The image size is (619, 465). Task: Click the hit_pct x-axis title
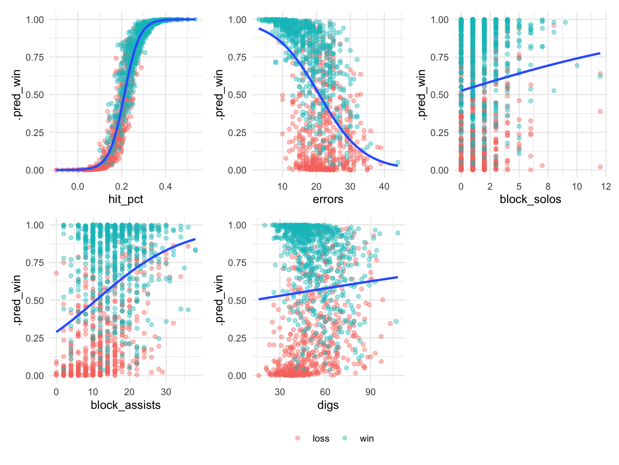coord(125,199)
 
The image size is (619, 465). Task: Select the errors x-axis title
coord(328,199)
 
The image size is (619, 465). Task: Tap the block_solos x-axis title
coord(530,199)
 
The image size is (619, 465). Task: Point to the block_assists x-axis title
coord(125,405)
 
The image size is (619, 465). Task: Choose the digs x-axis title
coord(328,405)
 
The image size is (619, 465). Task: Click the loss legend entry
coord(321,439)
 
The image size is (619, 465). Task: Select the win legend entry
coord(366,439)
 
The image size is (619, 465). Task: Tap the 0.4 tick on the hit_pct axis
coord(165,186)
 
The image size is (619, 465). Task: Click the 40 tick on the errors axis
coord(384,186)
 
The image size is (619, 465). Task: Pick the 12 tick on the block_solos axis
coord(606,186)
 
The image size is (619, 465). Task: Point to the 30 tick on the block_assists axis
coord(166,392)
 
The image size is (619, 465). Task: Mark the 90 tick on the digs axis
coord(370,392)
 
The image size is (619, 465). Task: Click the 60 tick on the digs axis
coord(325,392)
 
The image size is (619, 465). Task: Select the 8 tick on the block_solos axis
coord(548,186)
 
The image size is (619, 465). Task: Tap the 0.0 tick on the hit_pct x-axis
coord(78,186)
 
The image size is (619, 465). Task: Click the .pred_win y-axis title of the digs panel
coord(219,300)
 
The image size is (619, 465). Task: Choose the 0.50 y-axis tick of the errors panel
coord(237,95)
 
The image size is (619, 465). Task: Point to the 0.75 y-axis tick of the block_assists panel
coord(35,263)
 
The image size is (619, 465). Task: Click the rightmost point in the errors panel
coord(398,162)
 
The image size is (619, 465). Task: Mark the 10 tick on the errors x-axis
coord(282,186)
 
